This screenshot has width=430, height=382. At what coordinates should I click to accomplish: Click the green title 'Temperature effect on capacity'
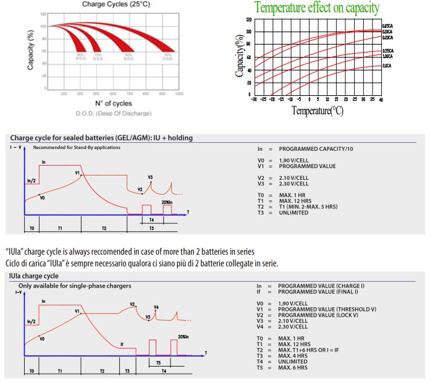click(317, 8)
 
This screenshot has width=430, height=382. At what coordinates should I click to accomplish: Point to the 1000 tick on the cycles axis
click(179, 93)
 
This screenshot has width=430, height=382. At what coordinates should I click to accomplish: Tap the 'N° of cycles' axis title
click(113, 103)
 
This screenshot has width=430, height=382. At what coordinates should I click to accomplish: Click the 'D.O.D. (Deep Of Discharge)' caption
click(113, 113)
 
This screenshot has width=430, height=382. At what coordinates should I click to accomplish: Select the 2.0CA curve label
click(387, 65)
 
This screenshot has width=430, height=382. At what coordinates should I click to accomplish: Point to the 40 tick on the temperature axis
click(381, 99)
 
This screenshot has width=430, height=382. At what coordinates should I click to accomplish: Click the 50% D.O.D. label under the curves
click(167, 57)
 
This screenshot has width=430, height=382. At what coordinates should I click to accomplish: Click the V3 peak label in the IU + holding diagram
click(150, 177)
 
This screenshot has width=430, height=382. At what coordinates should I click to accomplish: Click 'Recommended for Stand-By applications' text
click(77, 147)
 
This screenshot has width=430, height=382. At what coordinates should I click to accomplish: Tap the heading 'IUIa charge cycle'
click(35, 276)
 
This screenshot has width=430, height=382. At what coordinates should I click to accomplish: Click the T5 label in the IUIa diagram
click(159, 362)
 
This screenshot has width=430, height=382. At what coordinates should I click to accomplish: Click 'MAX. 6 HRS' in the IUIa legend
click(293, 368)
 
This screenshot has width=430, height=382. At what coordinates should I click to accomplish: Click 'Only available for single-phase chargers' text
click(75, 286)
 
